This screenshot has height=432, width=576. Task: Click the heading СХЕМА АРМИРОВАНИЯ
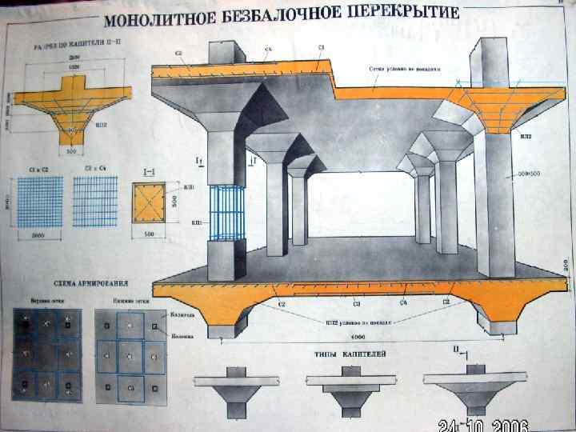[x=71, y=283]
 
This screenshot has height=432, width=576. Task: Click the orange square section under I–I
[x=149, y=203]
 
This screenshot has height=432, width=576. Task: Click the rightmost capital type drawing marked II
[x=476, y=391]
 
